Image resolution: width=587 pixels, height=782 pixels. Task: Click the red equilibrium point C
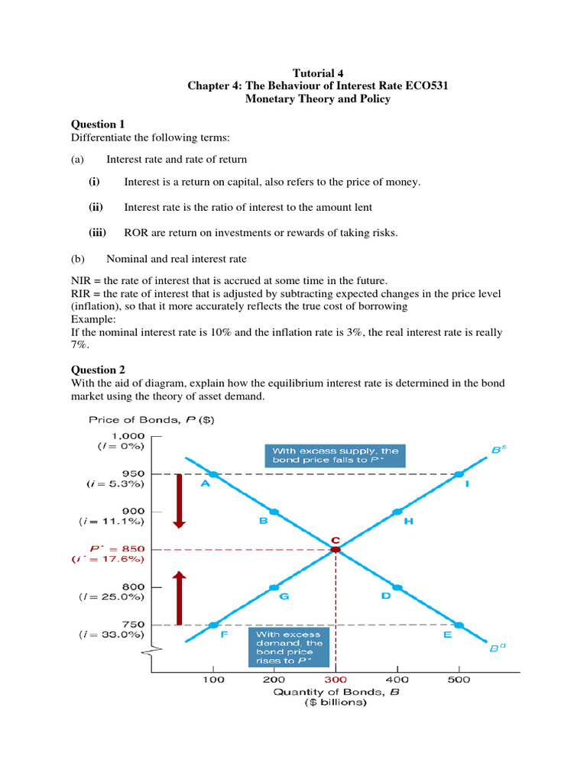tap(335, 549)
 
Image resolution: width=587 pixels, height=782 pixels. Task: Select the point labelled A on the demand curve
tap(213, 474)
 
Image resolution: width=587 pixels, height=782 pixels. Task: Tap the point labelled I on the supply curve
tap(458, 474)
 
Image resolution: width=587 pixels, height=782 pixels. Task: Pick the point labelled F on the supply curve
tap(213, 625)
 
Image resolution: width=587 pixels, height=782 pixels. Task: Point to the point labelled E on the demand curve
tap(458, 625)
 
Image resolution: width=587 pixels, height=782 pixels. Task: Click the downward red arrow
tap(179, 500)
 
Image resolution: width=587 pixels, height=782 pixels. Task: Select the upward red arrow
tap(179, 598)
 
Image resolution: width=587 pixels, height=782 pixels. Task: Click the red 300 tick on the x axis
tap(335, 679)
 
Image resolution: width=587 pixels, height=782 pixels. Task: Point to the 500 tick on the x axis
tap(458, 679)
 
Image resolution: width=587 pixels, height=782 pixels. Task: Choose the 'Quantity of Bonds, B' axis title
tap(335, 692)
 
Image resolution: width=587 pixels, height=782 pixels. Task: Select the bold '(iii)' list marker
tap(97, 233)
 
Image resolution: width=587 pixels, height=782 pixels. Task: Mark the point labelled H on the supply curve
tap(397, 512)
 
